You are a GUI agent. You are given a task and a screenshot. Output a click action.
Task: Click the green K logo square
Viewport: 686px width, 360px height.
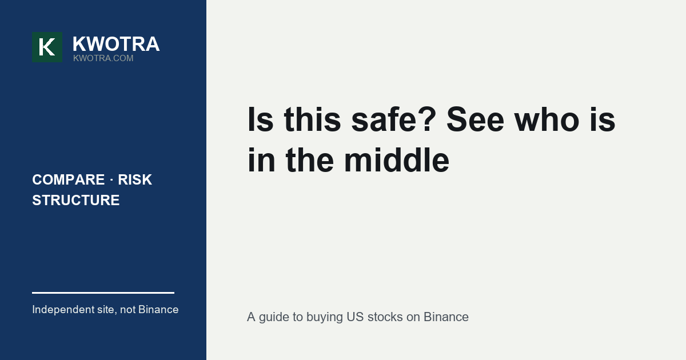[47, 47]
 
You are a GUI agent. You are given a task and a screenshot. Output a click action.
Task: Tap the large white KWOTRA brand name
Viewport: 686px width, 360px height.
[116, 44]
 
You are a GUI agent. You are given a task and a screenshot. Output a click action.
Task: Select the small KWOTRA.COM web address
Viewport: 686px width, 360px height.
[103, 58]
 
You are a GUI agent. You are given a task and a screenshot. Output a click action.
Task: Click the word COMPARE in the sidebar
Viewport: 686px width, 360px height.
[68, 179]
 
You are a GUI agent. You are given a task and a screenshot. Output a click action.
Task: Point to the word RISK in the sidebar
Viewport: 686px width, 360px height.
[135, 179]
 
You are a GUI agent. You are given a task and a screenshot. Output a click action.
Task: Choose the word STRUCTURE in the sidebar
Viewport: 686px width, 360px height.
[76, 200]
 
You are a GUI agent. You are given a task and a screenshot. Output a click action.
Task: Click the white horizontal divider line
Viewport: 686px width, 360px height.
[103, 293]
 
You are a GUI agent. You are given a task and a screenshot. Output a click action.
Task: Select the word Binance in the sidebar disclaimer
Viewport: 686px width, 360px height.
[158, 310]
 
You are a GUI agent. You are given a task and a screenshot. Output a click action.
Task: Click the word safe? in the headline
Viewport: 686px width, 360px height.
[393, 119]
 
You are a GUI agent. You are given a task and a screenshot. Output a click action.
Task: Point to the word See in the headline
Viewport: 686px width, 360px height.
[475, 119]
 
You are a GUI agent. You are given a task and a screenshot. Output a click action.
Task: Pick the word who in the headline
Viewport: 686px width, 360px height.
[547, 119]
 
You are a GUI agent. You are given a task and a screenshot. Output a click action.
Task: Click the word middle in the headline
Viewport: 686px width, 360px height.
[397, 160]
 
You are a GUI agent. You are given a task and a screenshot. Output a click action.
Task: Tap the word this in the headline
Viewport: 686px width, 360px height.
[312, 119]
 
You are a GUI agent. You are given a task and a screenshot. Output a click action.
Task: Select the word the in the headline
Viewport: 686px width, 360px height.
[310, 160]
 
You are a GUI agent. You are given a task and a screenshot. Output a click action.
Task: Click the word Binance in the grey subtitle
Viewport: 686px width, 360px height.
[446, 317]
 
